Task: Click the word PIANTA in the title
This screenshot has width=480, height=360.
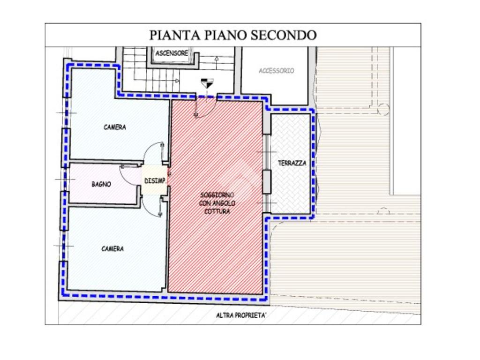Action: [175, 35]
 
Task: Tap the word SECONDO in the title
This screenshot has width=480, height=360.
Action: [284, 35]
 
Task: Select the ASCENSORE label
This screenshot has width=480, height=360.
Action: [172, 53]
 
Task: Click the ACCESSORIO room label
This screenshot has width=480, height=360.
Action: [277, 71]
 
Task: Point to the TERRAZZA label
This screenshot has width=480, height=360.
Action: [292, 163]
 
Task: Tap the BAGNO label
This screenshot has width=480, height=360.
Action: [101, 184]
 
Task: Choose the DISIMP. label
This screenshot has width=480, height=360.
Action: [156, 181]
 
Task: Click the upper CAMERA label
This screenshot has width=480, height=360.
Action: [115, 127]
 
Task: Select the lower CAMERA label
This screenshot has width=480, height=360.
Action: [112, 249]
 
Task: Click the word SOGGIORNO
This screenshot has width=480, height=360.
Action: [217, 195]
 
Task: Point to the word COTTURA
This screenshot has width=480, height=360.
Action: [217, 211]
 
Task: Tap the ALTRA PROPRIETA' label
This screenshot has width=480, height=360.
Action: [241, 315]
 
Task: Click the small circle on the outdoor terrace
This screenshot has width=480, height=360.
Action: [383, 109]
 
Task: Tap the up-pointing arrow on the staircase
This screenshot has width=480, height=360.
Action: [217, 58]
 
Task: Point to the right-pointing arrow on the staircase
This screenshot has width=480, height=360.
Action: [177, 81]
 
